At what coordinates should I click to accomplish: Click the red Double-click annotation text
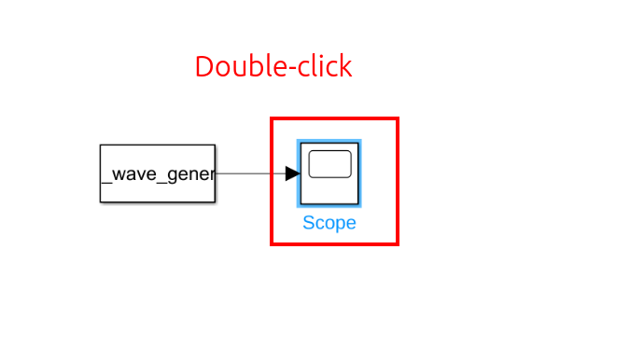(x=273, y=67)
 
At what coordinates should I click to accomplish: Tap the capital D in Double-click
(x=204, y=67)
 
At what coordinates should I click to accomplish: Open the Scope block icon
(x=329, y=173)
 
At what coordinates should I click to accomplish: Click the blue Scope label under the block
(x=329, y=224)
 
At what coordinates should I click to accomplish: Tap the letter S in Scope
(x=309, y=224)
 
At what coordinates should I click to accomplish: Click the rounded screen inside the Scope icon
(x=329, y=164)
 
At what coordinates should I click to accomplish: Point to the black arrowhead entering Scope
(x=292, y=173)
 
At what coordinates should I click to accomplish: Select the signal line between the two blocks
(x=250, y=173)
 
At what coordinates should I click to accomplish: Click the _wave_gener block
(x=158, y=173)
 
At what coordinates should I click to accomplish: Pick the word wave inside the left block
(x=133, y=174)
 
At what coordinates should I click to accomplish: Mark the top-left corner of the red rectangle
(x=273, y=119)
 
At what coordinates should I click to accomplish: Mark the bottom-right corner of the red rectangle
(x=398, y=244)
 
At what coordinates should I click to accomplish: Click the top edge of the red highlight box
(x=335, y=119)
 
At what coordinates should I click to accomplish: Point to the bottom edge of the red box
(x=335, y=244)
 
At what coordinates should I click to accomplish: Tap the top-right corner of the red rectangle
(x=398, y=119)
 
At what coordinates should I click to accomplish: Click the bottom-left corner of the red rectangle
(x=273, y=244)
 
